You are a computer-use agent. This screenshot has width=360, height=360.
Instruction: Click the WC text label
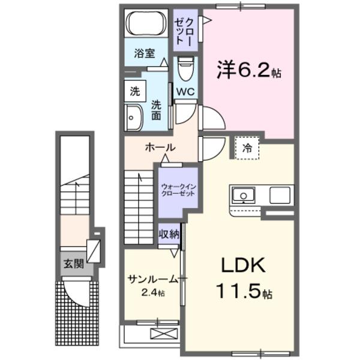(185, 92)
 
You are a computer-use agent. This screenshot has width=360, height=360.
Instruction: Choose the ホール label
(160, 148)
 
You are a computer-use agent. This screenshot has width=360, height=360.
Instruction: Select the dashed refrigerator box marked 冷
(247, 148)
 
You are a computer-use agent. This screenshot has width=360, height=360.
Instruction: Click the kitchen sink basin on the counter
(243, 196)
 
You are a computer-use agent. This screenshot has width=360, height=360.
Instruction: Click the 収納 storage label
(169, 234)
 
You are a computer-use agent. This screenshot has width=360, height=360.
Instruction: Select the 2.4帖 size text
(153, 293)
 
